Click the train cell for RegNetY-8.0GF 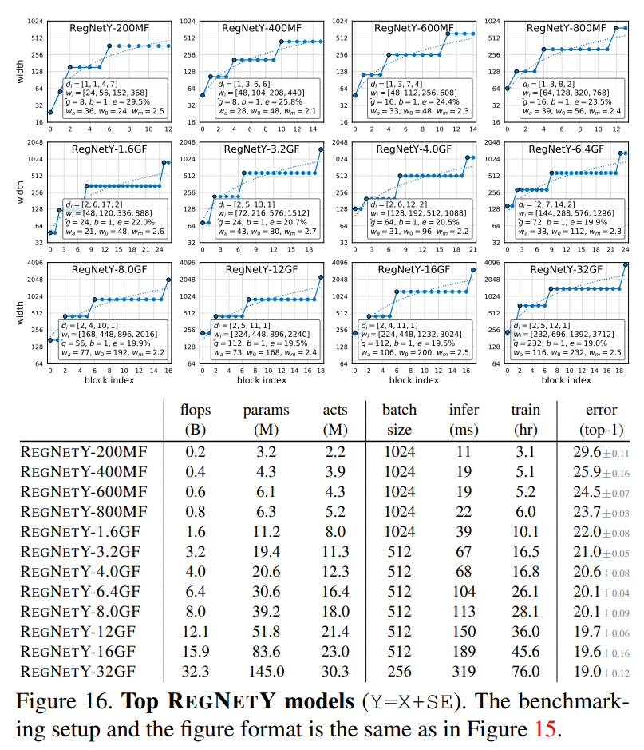pyautogui.click(x=526, y=617)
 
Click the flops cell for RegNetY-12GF pyautogui.click(x=195, y=635)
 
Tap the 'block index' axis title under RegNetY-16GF pyautogui.click(x=414, y=380)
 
